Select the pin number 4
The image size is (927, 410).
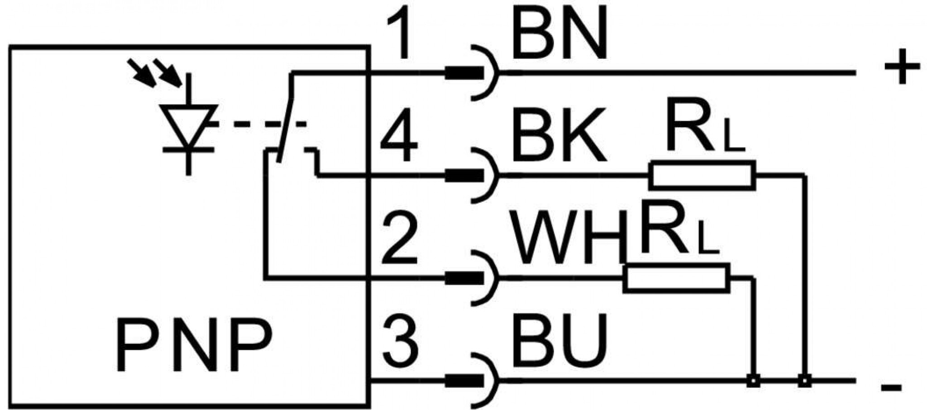click(x=398, y=134)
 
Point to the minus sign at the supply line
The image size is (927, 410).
click(x=891, y=387)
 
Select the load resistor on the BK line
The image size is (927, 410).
click(x=702, y=175)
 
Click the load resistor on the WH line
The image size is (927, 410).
click(x=676, y=277)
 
